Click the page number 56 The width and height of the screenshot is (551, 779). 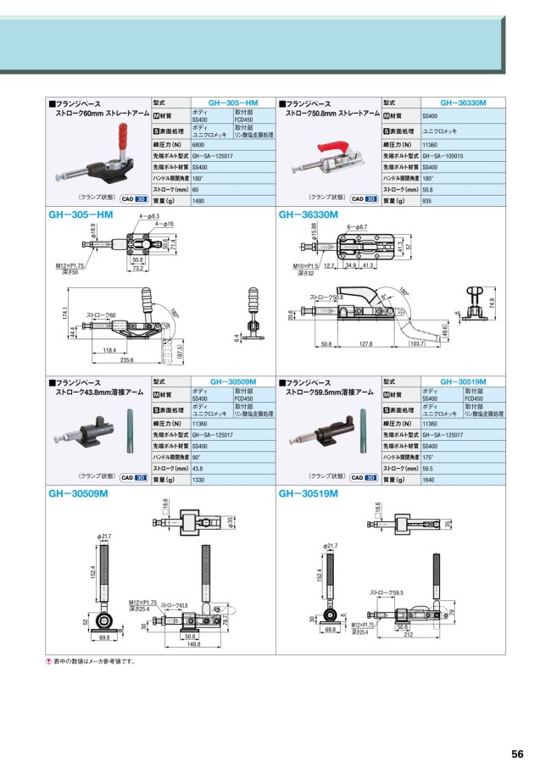517,755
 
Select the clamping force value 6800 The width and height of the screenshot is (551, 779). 199,146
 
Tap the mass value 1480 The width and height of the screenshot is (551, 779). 199,201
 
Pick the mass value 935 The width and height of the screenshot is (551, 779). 428,201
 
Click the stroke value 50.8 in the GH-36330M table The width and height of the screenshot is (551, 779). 429,190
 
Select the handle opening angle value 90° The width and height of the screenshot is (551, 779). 198,457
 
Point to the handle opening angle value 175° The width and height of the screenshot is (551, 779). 429,457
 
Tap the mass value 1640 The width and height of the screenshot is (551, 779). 429,480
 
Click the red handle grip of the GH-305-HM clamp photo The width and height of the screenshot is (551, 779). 123,136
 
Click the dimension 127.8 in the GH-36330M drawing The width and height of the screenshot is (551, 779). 366,344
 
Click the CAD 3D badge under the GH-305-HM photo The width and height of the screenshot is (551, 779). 132,199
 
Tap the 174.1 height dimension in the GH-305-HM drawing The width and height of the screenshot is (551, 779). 65,314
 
